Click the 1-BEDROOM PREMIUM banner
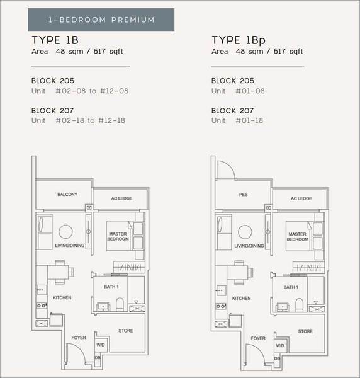pos(101,20)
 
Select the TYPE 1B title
pos(55,40)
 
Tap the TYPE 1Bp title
pos(239,40)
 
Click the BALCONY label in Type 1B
pos(67,194)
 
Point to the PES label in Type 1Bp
pos(243,195)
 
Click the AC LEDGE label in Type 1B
pos(121,198)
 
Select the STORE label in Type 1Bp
pos(305,331)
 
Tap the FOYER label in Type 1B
pos(79,338)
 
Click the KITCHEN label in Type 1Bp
pos(241,298)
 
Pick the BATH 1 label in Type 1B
pos(111,287)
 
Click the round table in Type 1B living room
pos(65,232)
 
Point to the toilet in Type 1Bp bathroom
pos(300,305)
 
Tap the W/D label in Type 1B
pos(101,345)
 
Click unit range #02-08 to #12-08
pos(92,91)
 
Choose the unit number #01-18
pos(249,120)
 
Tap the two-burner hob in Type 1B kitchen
pos(42,306)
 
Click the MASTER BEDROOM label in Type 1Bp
pos(298,237)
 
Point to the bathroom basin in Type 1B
pos(103,307)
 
